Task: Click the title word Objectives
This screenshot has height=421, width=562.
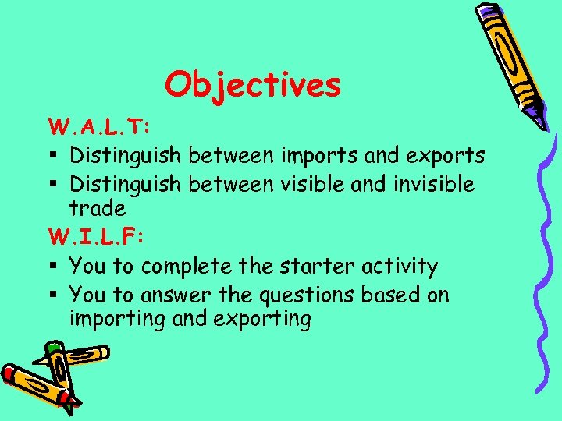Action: [x=253, y=85]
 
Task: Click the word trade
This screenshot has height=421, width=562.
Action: [x=97, y=208]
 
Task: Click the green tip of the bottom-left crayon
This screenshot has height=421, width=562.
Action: [x=52, y=347]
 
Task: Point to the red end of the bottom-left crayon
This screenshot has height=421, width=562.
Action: [x=9, y=373]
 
